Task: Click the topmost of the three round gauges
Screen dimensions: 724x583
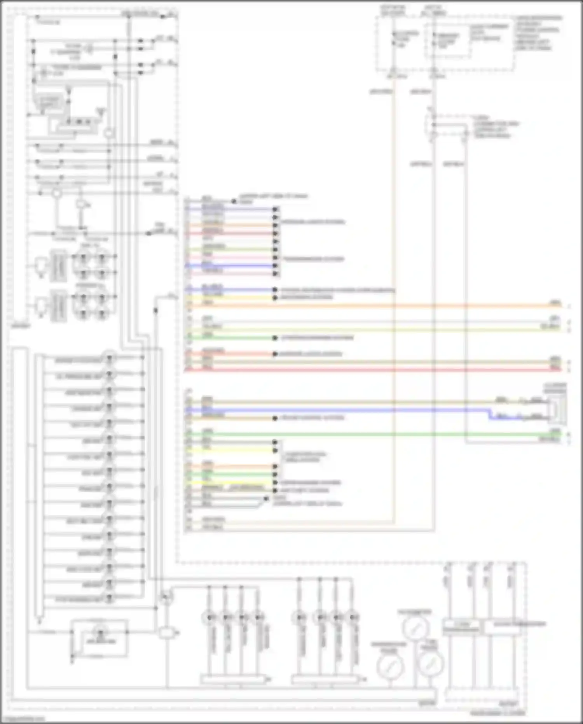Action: click(415, 627)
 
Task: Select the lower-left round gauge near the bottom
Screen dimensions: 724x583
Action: click(390, 666)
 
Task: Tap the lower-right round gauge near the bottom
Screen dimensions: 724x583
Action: click(429, 664)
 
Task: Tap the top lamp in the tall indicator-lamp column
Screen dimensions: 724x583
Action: click(109, 358)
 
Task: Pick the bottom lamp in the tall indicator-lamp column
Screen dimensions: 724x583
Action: click(109, 598)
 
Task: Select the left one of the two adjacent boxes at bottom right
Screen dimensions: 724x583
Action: click(461, 627)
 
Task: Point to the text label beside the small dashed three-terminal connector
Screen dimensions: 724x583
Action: click(496, 126)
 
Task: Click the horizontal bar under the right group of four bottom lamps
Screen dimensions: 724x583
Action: click(326, 680)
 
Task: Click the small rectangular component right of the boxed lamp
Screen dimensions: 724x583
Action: click(167, 633)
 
